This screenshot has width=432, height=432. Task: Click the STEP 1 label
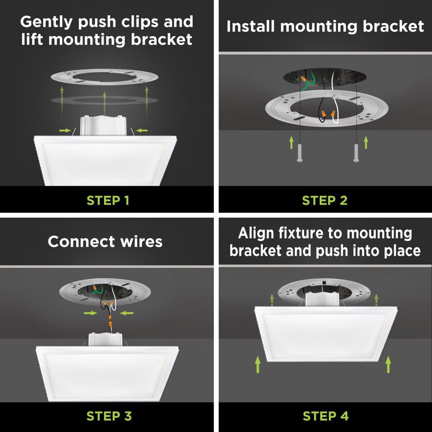108,200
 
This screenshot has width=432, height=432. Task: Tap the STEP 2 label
325,200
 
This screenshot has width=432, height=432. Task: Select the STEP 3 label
108,416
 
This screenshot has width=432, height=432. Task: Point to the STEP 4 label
325,416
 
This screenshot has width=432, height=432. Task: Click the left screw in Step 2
298,152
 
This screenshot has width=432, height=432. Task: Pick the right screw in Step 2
356,152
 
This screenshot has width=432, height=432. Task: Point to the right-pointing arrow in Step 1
64,130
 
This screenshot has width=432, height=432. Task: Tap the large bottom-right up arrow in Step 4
388,365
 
